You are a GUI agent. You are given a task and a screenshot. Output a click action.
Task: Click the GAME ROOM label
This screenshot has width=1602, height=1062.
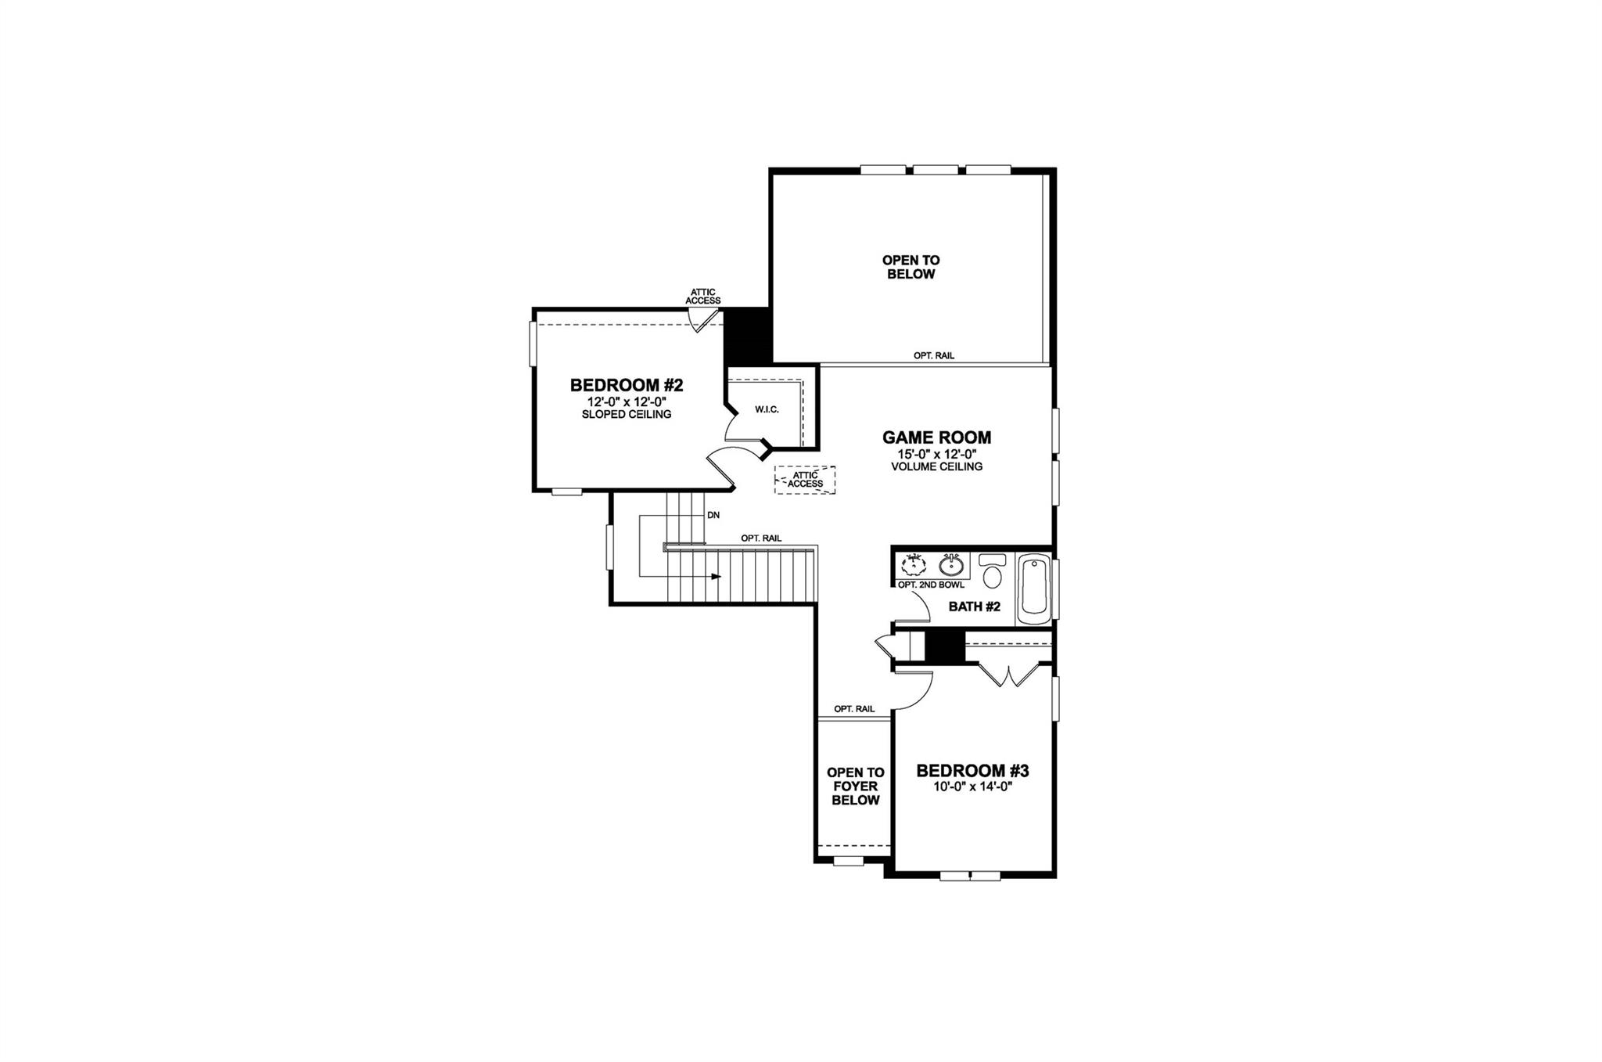936,437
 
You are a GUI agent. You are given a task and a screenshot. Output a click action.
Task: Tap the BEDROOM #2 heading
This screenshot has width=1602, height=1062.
627,385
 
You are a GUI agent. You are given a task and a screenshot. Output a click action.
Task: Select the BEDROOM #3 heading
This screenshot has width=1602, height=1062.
972,771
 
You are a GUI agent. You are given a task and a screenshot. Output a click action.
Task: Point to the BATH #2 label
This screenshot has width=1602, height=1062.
974,607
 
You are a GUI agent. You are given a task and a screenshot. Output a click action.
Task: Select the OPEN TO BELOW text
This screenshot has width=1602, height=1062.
911,267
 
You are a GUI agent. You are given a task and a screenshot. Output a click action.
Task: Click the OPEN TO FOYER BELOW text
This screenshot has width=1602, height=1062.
855,787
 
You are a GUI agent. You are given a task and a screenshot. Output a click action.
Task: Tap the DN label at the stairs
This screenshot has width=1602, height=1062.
713,516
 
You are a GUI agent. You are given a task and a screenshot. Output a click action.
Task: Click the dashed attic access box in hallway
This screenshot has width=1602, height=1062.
805,479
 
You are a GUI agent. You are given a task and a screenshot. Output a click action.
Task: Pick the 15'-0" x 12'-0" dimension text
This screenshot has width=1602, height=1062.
936,454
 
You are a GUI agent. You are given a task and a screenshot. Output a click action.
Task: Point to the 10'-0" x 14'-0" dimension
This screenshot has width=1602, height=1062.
972,788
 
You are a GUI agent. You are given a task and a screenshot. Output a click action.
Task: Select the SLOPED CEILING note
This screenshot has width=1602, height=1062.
627,414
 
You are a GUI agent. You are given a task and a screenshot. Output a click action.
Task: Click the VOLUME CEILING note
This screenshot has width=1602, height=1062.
936,466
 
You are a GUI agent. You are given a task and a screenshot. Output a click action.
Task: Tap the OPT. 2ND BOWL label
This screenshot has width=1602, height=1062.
931,585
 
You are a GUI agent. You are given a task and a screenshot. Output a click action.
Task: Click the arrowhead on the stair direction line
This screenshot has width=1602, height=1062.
716,577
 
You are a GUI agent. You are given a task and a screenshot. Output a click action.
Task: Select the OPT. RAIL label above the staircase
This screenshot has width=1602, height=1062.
761,538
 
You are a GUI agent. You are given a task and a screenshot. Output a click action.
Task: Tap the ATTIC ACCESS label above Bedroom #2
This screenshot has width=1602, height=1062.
702,297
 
